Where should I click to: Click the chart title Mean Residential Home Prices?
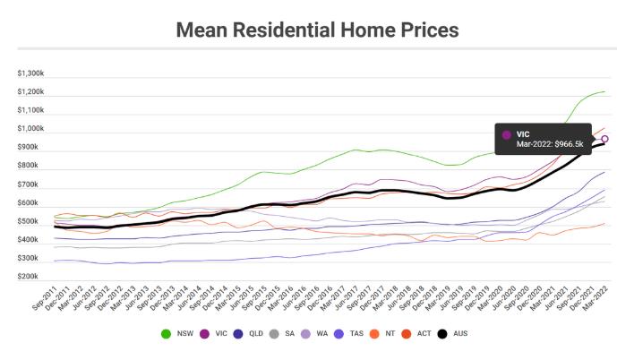(x=317, y=30)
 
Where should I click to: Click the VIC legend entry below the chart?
(x=215, y=334)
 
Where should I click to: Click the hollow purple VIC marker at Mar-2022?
(x=605, y=139)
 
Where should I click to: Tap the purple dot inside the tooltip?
(x=507, y=134)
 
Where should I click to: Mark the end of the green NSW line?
(x=604, y=92)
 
